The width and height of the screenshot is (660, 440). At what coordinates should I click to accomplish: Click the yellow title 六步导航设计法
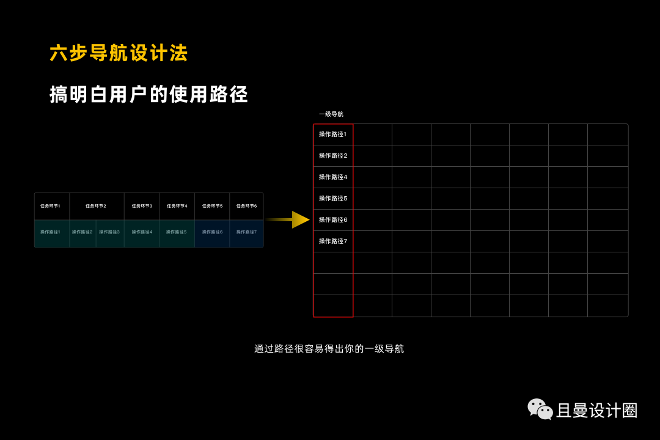pos(119,53)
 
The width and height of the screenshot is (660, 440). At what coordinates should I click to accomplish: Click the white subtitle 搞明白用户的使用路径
pos(148,95)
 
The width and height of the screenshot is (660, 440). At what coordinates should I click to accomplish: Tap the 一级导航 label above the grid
pos(331,114)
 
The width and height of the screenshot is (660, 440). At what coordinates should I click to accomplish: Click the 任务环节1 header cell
pos(51,206)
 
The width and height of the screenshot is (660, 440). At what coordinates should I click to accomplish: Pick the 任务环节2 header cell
pos(96,206)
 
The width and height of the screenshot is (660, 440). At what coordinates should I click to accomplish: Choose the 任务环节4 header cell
pos(177,206)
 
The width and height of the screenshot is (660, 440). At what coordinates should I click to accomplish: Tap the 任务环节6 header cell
pos(247,206)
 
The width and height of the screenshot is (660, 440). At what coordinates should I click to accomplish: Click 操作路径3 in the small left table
pos(109,232)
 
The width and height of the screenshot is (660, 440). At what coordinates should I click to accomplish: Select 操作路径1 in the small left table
pos(51,232)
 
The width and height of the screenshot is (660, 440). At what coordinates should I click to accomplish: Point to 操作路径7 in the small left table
pos(247,232)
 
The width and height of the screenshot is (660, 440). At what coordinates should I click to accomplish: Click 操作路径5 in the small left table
pos(177,232)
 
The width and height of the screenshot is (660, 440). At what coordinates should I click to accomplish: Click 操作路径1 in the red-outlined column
pos(333,134)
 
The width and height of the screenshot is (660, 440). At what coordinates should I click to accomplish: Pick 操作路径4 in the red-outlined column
pos(333,177)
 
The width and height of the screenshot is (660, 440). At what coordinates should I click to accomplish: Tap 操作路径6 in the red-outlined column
pos(333,220)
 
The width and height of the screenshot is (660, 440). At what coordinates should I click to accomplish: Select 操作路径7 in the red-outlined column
pos(333,241)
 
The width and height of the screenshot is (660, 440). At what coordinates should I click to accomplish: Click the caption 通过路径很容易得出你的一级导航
pos(329,349)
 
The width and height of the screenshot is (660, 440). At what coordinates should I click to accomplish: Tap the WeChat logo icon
pos(540,409)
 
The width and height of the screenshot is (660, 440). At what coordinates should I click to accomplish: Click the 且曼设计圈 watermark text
pos(597,411)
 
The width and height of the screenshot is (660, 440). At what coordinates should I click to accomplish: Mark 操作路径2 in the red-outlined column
pos(333,156)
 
